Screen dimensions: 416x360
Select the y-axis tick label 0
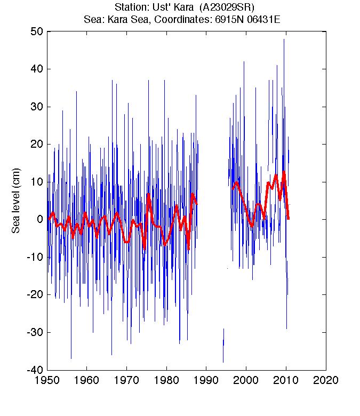click(x=39, y=219)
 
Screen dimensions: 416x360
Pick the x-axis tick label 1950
click(x=47, y=381)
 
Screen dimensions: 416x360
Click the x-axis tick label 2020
click(x=326, y=381)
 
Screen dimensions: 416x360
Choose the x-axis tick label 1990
click(x=206, y=381)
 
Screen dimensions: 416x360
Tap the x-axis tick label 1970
click(x=126, y=381)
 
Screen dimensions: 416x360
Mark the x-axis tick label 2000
click(x=246, y=381)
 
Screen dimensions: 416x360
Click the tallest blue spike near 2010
click(x=284, y=39)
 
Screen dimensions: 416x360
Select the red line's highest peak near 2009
click(x=284, y=171)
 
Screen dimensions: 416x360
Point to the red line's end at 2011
click(x=289, y=219)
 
